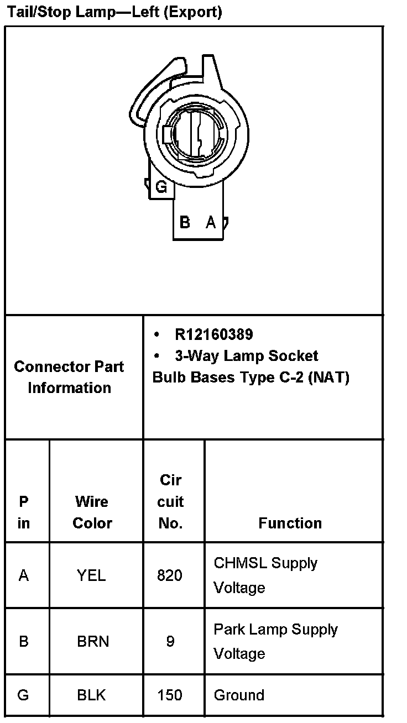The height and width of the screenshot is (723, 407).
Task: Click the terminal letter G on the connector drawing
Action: pos(161,187)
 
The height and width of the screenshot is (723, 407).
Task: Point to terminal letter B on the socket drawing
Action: pos(185,222)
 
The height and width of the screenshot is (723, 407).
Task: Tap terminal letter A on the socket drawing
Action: pos(211,222)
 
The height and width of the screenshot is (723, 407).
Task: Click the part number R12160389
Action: pos(213,334)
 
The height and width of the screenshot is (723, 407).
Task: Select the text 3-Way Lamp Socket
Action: pos(246,355)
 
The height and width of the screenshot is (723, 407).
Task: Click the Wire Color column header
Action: pos(92,512)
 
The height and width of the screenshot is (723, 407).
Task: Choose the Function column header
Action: pos(290,523)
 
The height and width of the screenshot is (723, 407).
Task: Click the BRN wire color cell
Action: pos(92,641)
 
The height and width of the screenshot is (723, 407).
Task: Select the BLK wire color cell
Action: pos(92,695)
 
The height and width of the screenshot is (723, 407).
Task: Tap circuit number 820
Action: pos(169,575)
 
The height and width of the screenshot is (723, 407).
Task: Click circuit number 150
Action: pos(169,695)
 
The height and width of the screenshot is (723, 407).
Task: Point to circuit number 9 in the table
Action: pos(170,641)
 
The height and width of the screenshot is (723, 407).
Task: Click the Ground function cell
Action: pos(239,695)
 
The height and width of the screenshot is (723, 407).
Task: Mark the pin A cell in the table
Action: pos(24,575)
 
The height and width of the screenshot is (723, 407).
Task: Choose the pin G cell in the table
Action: pos(23,695)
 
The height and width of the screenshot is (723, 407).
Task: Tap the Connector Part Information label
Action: pos(69,377)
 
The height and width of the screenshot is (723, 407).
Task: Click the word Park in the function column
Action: pos(229,629)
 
